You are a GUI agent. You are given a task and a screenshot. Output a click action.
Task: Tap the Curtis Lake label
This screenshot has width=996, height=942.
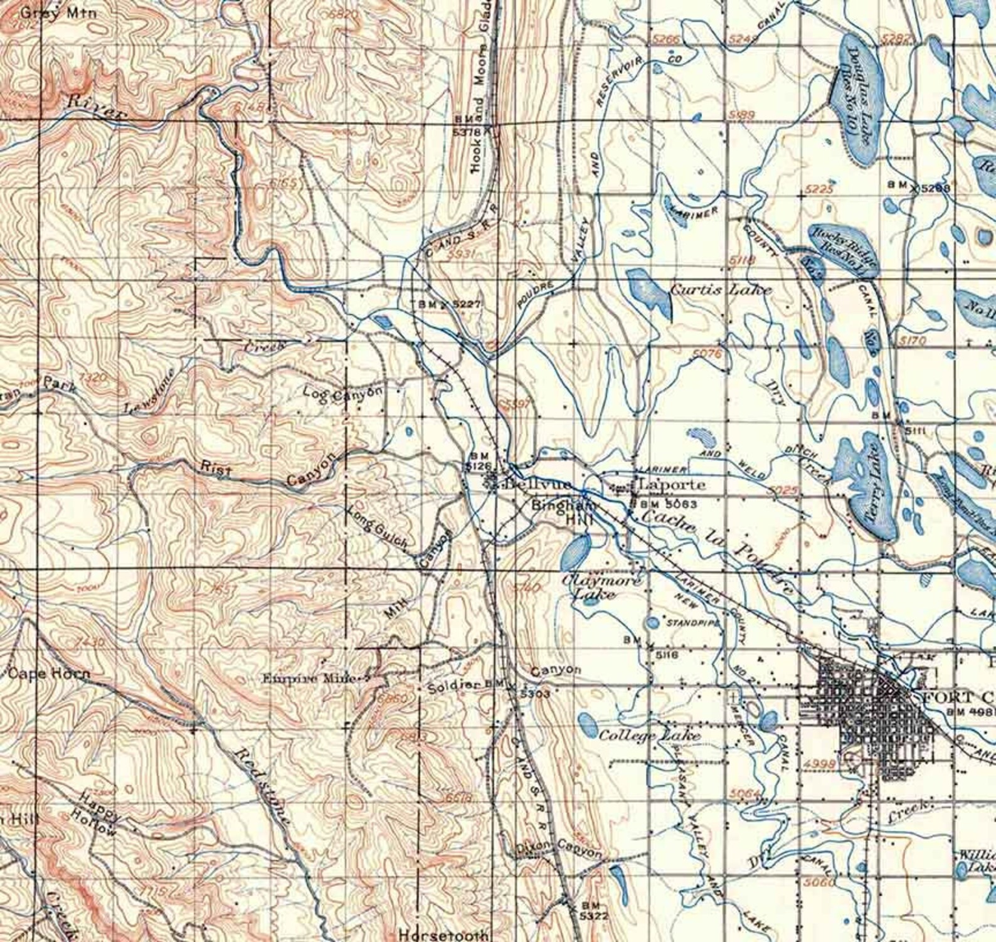[721, 289]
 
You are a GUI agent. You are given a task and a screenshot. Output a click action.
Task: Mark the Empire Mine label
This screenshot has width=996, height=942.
[309, 678]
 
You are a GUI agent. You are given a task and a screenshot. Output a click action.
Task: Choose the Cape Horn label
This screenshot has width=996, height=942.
[49, 674]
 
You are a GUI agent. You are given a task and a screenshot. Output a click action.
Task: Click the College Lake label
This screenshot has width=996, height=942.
[649, 735]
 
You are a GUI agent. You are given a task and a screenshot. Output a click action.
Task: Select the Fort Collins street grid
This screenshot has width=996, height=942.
[869, 715]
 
